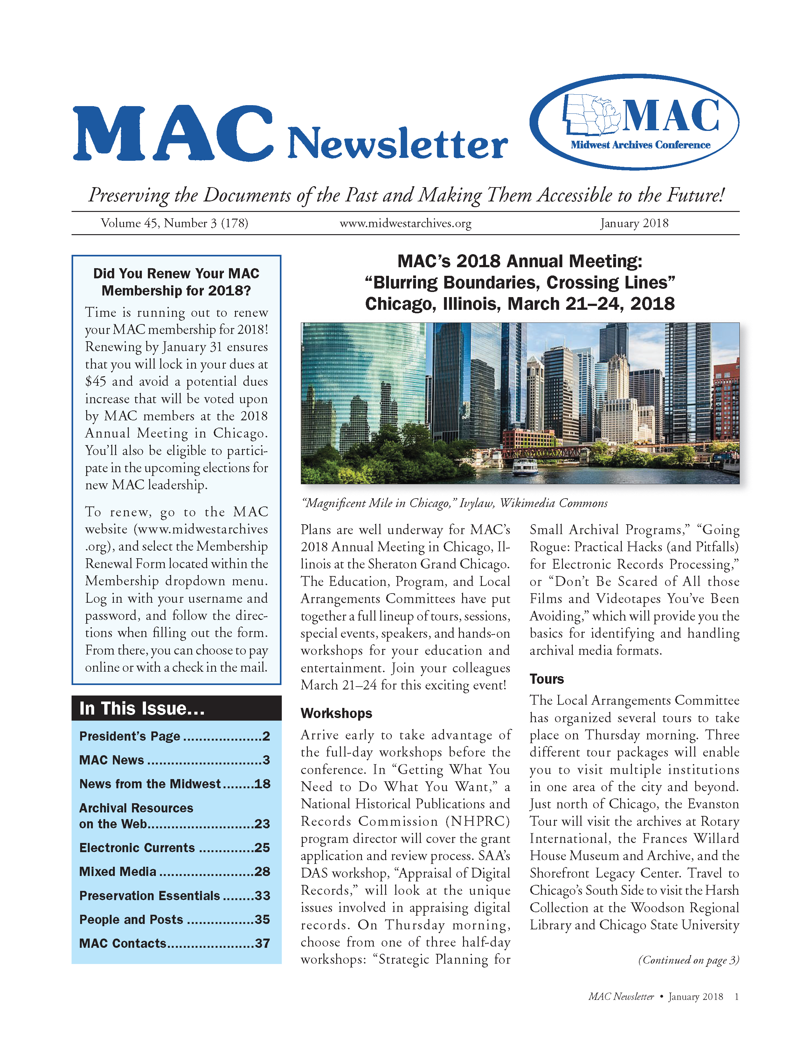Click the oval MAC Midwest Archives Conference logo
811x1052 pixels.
[x=634, y=122]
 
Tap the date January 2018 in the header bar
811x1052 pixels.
[x=634, y=223]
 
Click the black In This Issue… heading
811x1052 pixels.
[x=142, y=709]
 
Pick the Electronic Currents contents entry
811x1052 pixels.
[x=137, y=848]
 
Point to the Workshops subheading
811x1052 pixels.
[x=336, y=713]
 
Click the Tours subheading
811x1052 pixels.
[x=546, y=679]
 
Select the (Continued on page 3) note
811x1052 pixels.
[x=688, y=960]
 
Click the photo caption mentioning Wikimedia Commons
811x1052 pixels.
[x=454, y=503]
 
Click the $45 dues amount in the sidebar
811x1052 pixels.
[x=95, y=382]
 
